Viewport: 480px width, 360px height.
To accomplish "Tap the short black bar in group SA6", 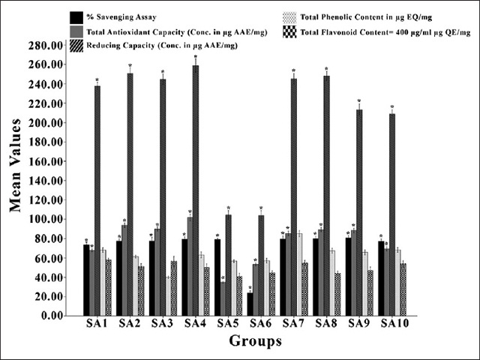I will click(x=250, y=304).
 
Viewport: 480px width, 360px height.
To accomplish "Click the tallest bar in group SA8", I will click(x=326, y=195).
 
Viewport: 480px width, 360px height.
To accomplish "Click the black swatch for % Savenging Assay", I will click(x=76, y=16).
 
